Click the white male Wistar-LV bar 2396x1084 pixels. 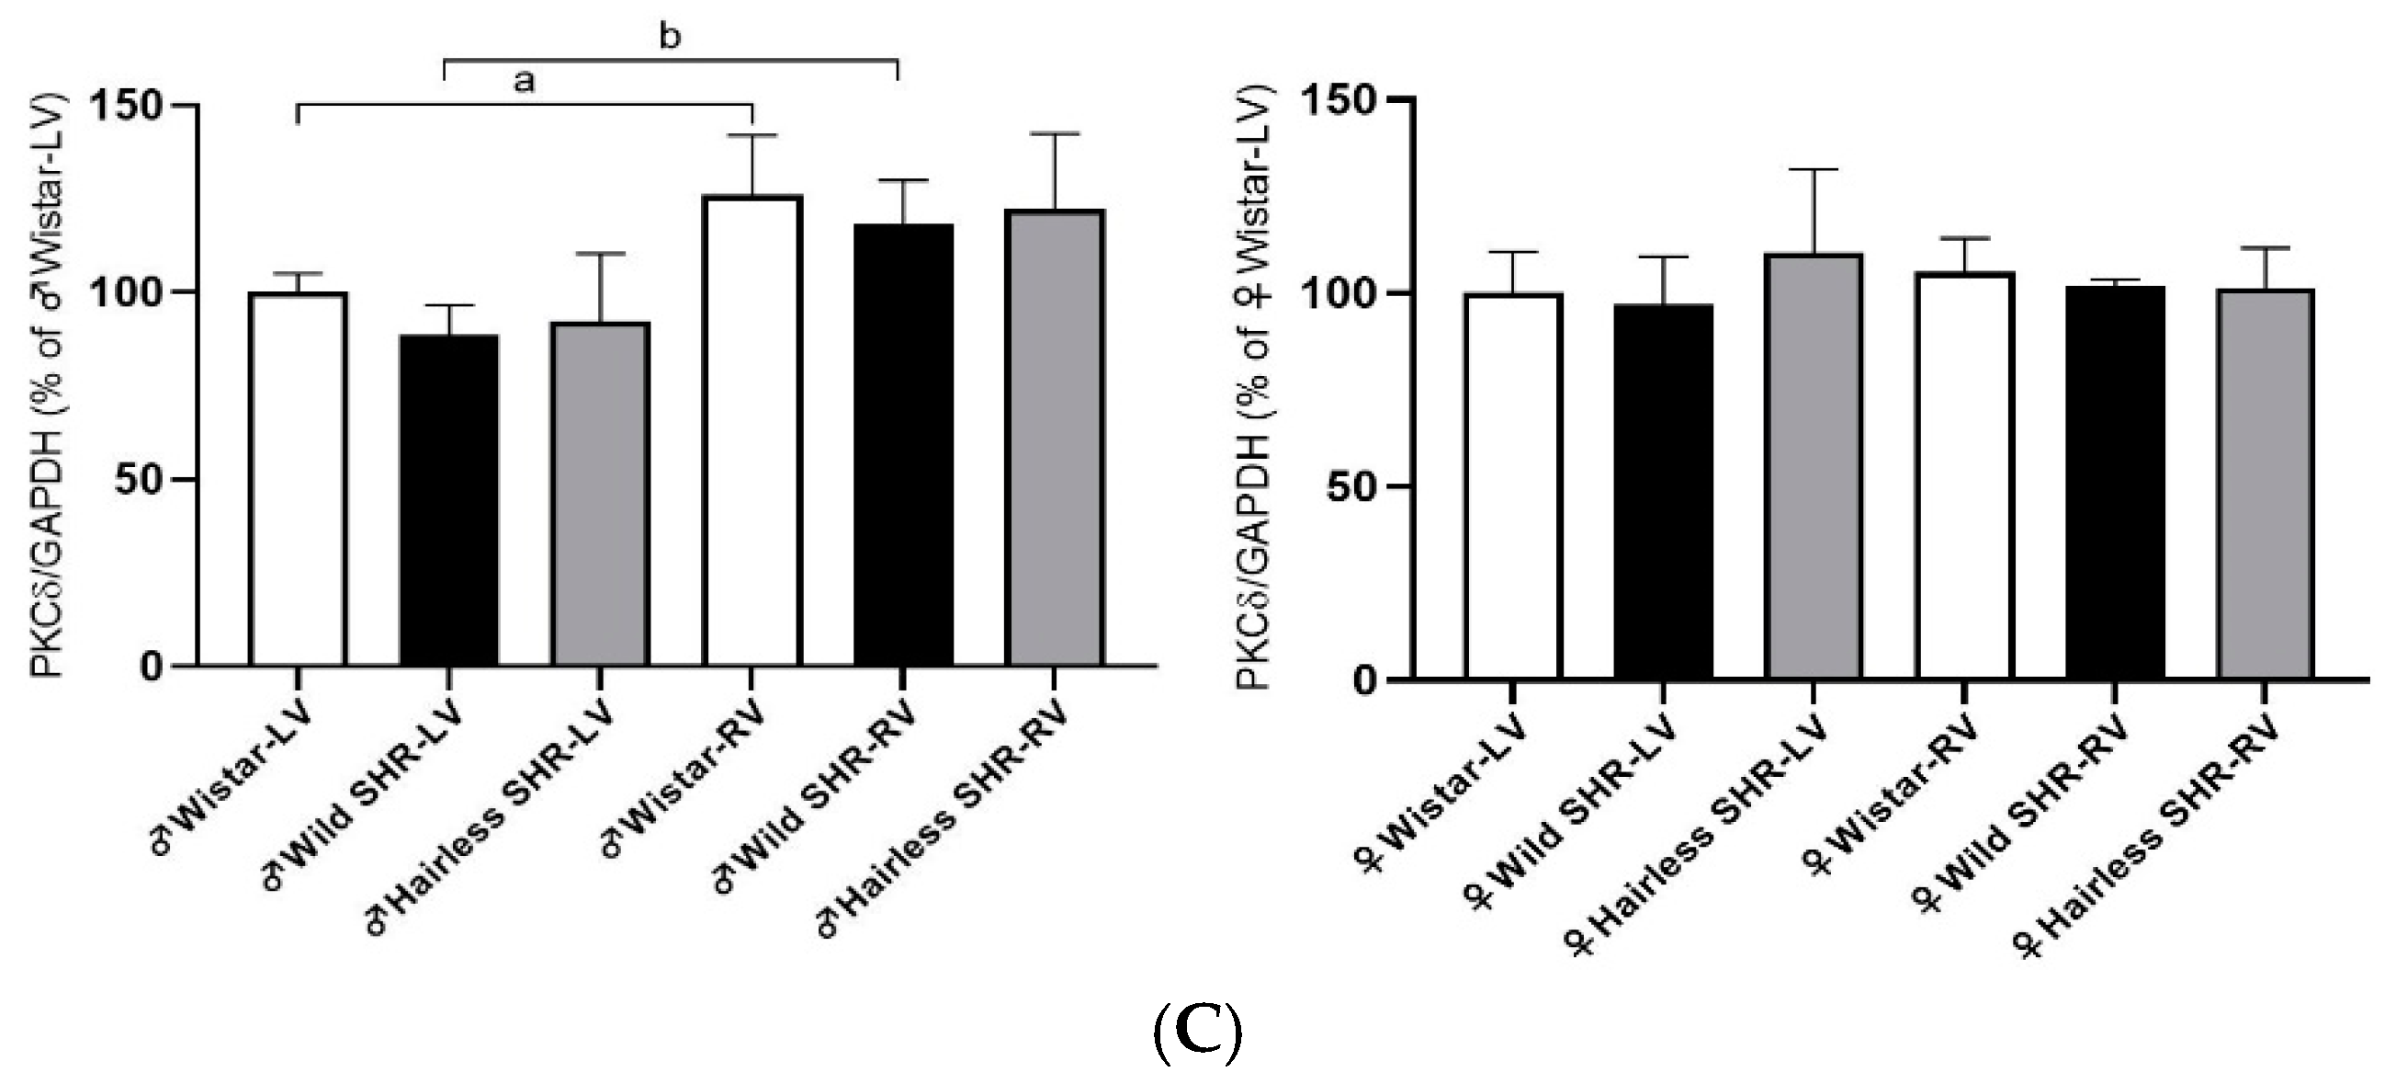click(x=298, y=479)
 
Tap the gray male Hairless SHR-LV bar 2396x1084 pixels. click(x=600, y=494)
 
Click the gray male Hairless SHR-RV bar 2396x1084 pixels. click(x=1055, y=438)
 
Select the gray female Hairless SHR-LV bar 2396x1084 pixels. click(x=1813, y=466)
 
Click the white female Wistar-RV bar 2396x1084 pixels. click(x=1963, y=475)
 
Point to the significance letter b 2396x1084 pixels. click(x=670, y=36)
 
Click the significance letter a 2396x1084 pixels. click(x=525, y=82)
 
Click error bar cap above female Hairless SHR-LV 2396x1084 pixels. click(x=1813, y=169)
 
